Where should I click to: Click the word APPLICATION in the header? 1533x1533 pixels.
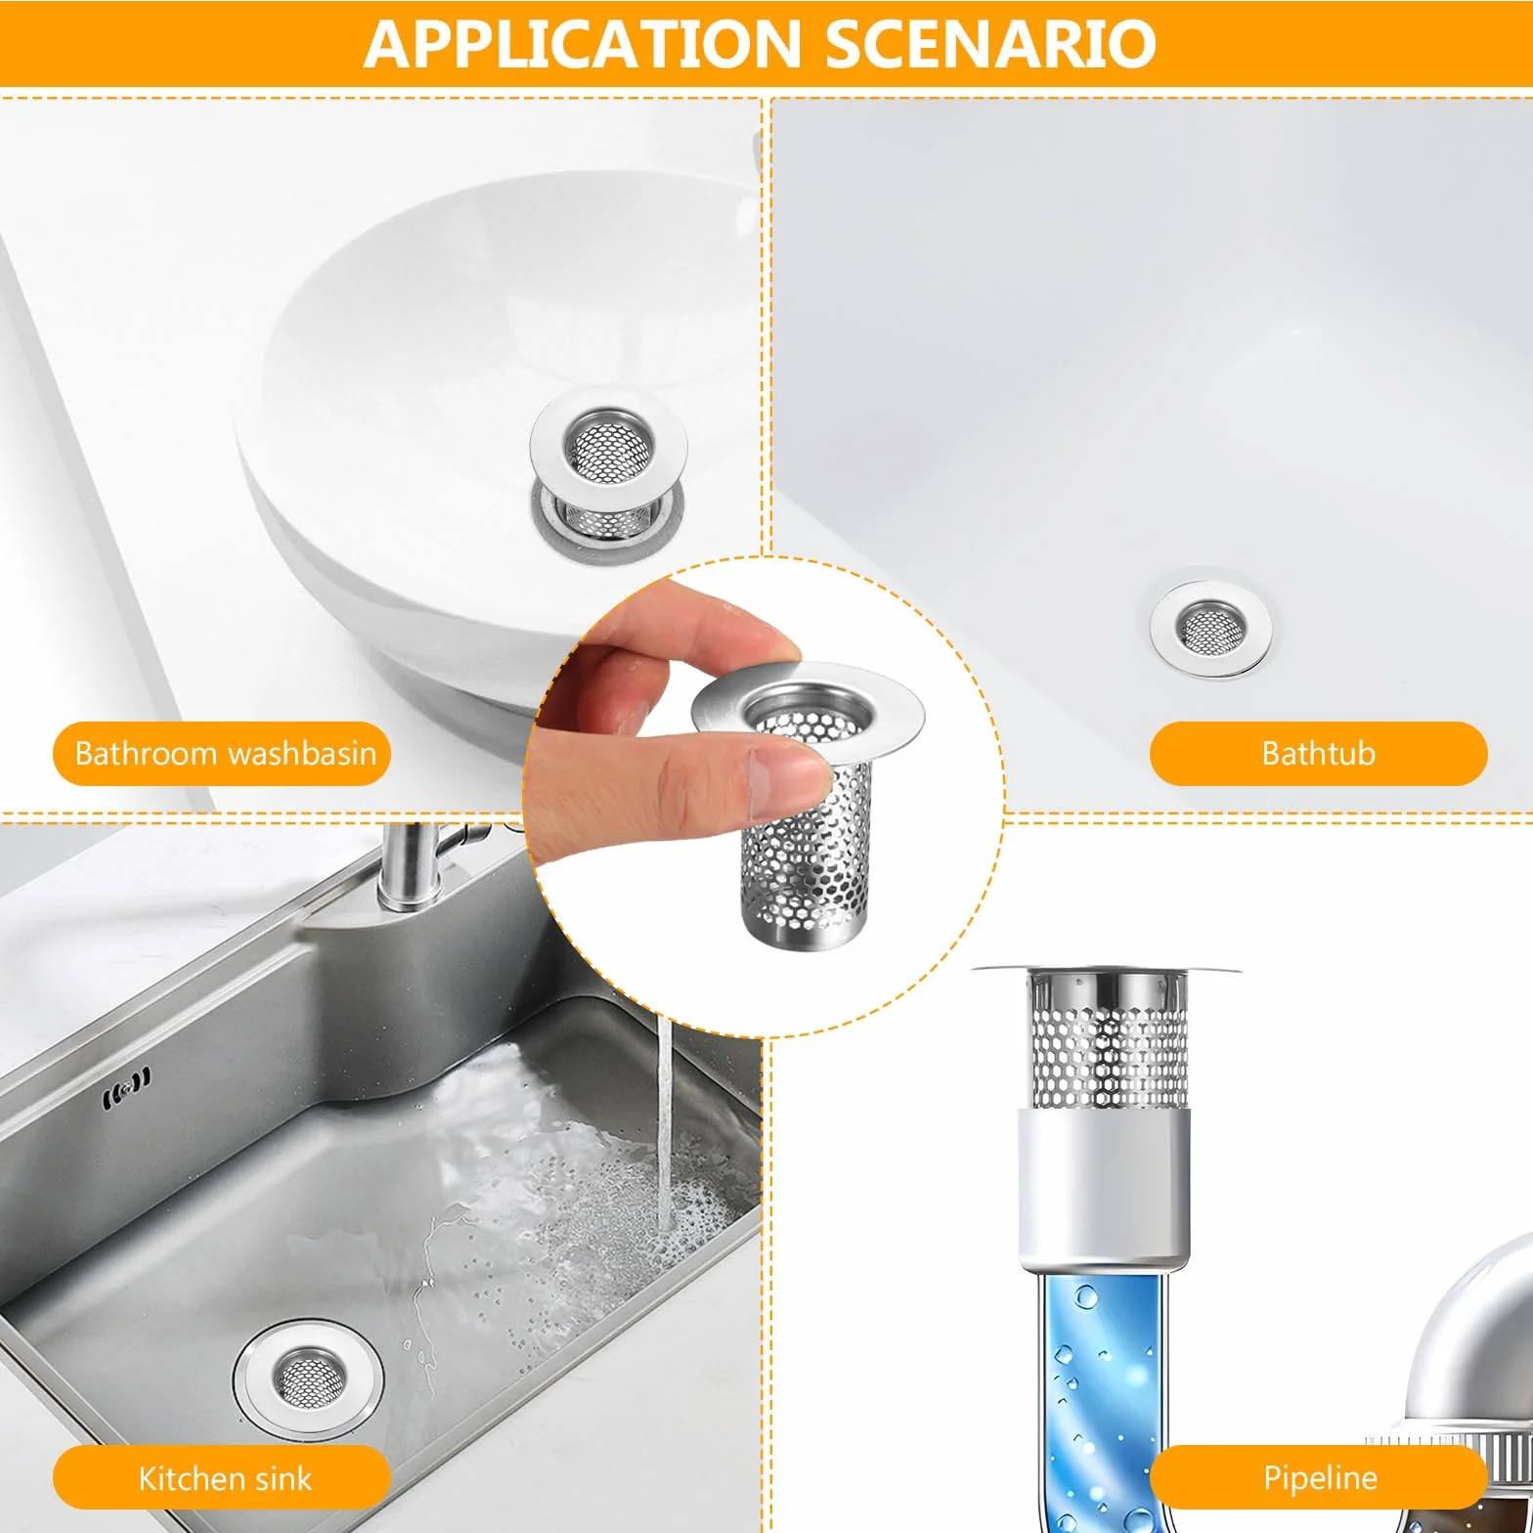583,44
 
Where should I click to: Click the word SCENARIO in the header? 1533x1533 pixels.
991,44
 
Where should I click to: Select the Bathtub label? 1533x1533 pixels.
1318,753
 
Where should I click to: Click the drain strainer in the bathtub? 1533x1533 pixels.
1210,625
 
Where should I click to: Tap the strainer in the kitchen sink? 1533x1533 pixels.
308,1377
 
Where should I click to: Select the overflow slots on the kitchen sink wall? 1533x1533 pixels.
127,1086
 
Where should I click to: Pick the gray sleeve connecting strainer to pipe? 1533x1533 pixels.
1105,1188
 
